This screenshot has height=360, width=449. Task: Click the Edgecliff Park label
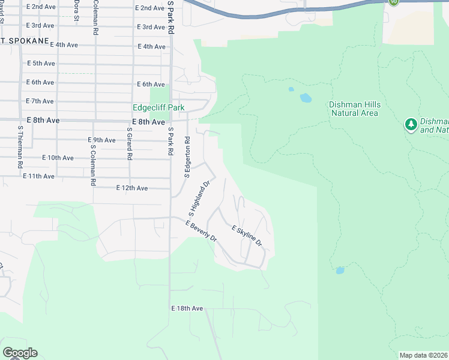point(158,107)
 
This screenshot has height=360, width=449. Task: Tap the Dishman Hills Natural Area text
point(355,109)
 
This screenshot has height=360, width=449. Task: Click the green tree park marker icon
point(411,125)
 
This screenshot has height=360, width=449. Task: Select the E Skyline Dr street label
point(247,236)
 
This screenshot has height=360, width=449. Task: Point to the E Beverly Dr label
point(200,230)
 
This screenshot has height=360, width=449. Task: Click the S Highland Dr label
point(200,199)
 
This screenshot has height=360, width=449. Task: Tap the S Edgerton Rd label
point(187,157)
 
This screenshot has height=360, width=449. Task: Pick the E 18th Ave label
point(187,308)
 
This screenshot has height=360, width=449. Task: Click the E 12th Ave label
point(131,188)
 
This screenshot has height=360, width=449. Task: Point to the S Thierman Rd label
point(20,146)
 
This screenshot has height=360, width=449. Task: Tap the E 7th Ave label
point(40,101)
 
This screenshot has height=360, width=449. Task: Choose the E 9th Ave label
point(101,140)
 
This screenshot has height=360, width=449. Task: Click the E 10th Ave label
point(58,158)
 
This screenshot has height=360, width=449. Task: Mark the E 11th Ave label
point(38,176)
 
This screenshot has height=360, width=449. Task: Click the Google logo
point(20,353)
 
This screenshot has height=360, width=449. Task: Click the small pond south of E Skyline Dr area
point(340,271)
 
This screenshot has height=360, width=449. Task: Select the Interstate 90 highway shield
point(393,2)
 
